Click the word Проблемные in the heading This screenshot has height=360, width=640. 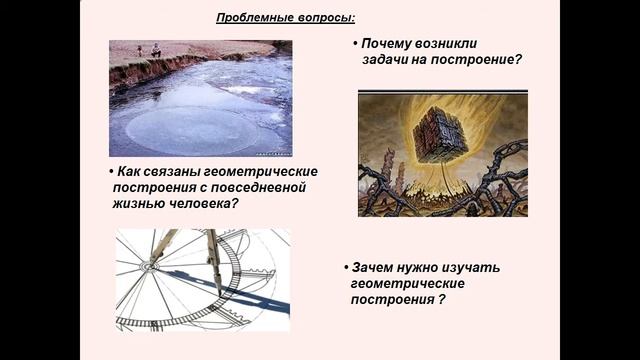pyautogui.click(x=253, y=18)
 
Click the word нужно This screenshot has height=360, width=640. pyautogui.click(x=420, y=268)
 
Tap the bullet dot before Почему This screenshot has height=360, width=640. pyautogui.click(x=355, y=45)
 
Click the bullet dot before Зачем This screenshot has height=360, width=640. pyautogui.click(x=345, y=268)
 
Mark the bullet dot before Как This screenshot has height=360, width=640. pyautogui.click(x=110, y=171)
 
